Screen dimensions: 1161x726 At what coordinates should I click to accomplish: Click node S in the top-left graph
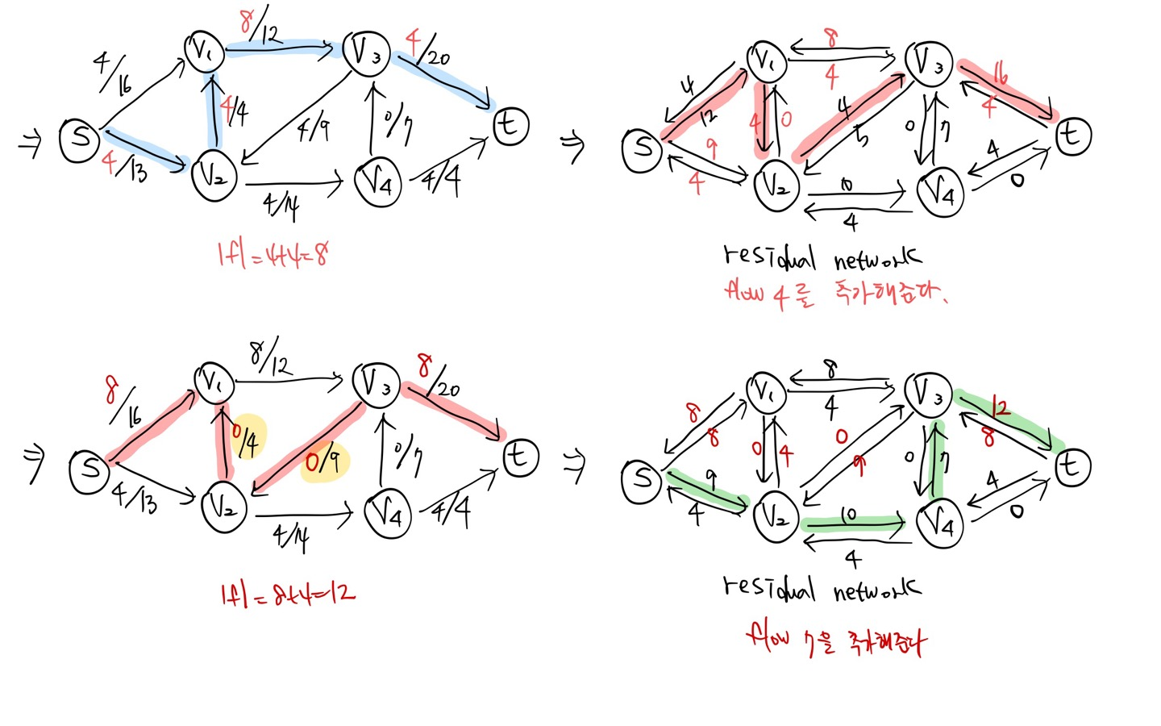point(79,139)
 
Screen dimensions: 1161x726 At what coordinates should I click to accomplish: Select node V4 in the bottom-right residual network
point(940,524)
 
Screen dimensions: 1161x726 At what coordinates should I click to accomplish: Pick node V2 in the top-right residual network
point(776,186)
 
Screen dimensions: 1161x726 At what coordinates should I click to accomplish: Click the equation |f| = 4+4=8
point(273,256)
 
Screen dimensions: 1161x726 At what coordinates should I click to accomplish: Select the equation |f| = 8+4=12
point(287,595)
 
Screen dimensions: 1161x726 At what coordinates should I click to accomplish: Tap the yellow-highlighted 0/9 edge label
point(323,461)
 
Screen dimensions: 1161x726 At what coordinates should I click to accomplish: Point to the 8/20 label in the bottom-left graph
point(438,379)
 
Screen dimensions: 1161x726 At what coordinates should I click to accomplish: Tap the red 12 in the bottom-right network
point(1000,407)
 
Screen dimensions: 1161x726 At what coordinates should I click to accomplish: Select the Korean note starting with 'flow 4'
point(835,292)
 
